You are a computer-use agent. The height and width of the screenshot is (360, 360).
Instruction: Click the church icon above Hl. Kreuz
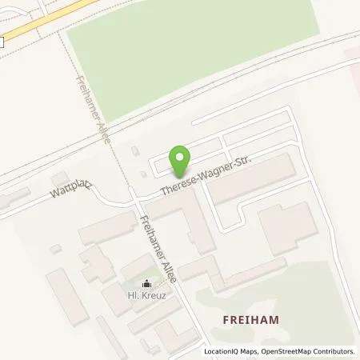[146, 283]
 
